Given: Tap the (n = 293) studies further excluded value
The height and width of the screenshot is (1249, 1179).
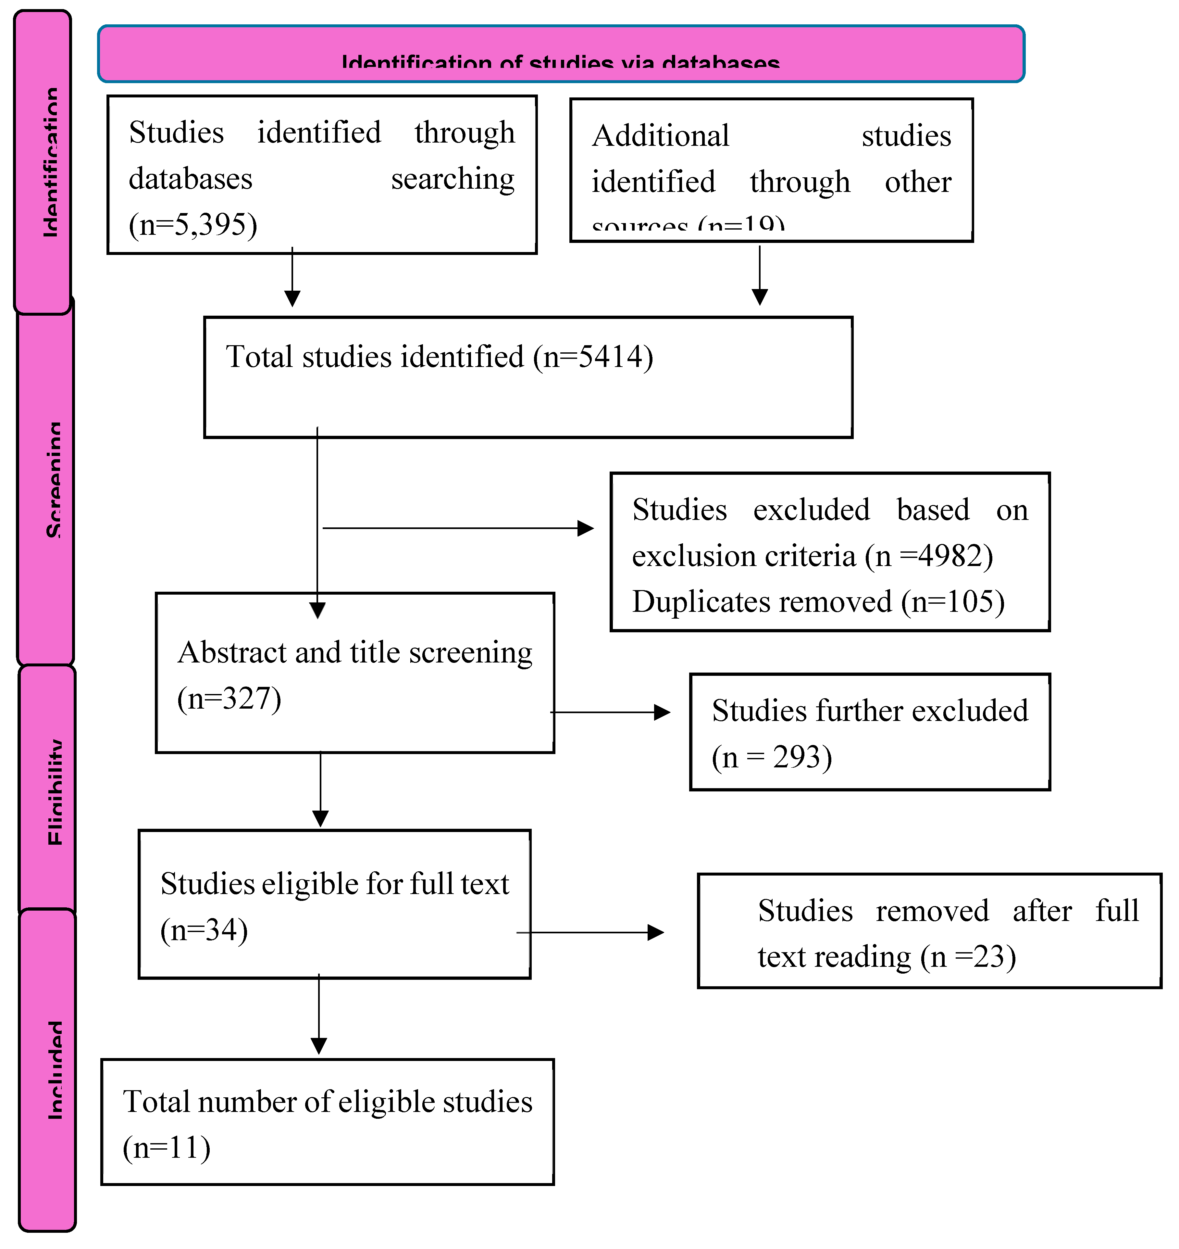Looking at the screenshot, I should [x=771, y=757].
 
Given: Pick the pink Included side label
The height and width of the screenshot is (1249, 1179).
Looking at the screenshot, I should [x=48, y=1068].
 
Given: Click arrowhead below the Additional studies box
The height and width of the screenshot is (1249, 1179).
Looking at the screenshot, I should [x=760, y=297].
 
